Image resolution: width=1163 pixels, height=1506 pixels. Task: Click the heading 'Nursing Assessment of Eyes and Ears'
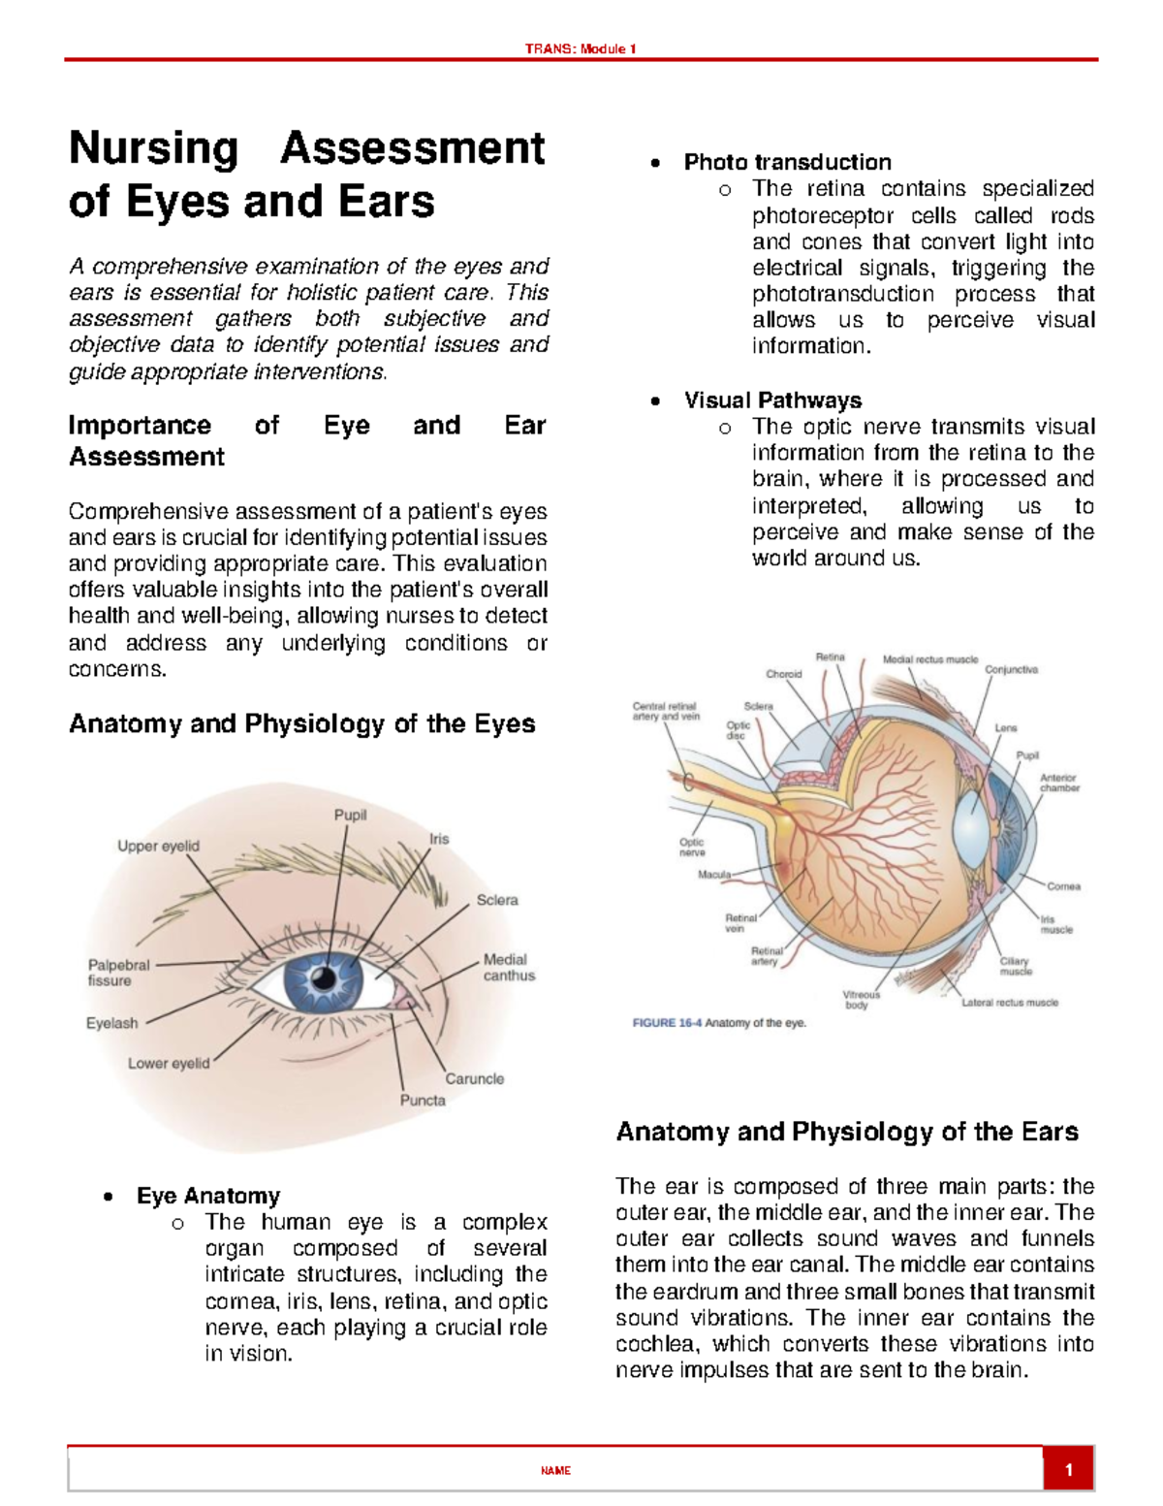[306, 175]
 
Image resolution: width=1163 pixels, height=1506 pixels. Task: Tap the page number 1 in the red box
[1068, 1470]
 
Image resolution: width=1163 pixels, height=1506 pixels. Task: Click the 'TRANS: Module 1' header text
[581, 48]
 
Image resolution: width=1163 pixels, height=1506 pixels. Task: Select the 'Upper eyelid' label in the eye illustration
[158, 846]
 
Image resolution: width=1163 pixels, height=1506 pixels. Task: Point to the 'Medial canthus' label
[508, 967]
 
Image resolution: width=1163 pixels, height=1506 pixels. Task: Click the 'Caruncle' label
[474, 1078]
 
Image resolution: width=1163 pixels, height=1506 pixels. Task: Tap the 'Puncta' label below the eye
[423, 1100]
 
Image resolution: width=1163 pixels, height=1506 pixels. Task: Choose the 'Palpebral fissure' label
[118, 973]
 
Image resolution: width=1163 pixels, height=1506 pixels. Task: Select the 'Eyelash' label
[111, 1023]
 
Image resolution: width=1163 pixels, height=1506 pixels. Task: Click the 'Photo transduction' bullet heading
[787, 162]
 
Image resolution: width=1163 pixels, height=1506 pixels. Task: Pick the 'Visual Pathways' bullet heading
[772, 401]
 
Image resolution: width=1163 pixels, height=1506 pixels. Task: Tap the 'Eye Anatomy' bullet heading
[208, 1196]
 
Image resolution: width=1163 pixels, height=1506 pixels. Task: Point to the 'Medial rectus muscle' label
[929, 659]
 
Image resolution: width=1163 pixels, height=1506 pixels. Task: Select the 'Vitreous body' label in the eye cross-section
[861, 1000]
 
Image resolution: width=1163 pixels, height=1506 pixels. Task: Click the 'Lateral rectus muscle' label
[1009, 1003]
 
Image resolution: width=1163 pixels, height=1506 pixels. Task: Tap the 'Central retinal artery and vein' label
[665, 711]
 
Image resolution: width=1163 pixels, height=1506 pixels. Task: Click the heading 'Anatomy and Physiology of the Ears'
[847, 1132]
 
